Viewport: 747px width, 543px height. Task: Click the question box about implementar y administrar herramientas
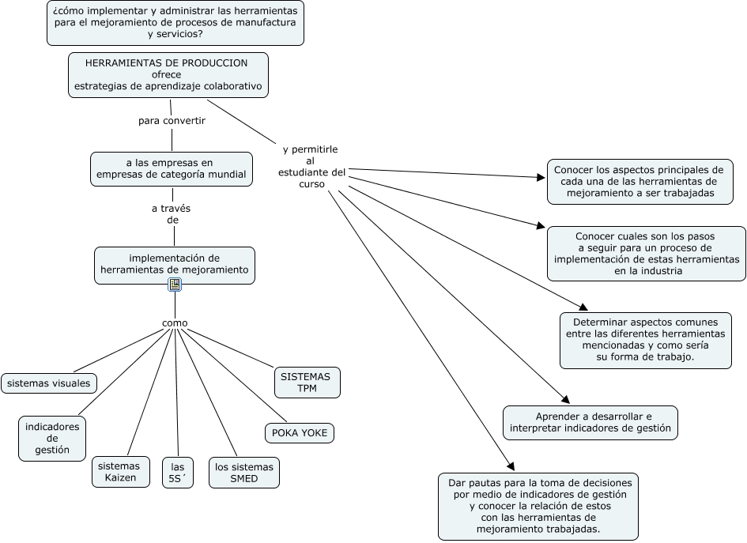(175, 23)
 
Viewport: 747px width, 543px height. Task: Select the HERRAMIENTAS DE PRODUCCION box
(168, 74)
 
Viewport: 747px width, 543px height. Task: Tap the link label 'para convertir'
(172, 121)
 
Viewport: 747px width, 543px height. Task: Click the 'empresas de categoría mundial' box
(171, 169)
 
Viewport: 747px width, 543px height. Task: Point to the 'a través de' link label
(172, 214)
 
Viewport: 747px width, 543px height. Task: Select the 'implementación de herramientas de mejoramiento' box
(174, 265)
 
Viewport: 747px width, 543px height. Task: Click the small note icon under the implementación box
(175, 285)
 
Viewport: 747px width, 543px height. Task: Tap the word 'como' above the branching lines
(175, 322)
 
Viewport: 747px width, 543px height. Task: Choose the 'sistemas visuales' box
(49, 383)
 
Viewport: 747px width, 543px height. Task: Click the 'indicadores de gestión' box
(52, 439)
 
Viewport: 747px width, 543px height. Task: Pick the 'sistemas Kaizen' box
(120, 472)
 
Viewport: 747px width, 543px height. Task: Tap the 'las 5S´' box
(177, 472)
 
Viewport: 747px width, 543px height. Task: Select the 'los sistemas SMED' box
(243, 472)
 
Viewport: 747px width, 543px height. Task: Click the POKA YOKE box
(299, 433)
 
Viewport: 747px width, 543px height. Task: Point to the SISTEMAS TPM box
(307, 383)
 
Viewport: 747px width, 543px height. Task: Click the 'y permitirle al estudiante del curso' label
(311, 166)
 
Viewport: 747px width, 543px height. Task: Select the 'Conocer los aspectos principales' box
(639, 181)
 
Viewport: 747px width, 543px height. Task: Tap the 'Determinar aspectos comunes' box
(645, 340)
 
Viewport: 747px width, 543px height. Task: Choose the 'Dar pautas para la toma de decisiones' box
(538, 506)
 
